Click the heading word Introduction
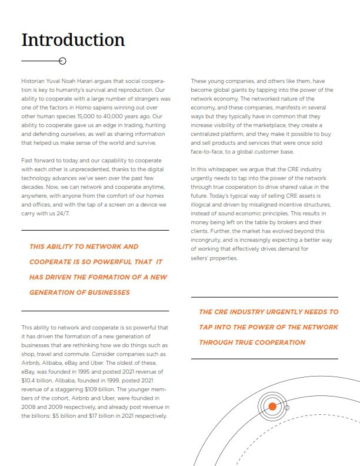click(x=73, y=40)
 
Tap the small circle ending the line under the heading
click(x=62, y=61)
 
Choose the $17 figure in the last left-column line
click(x=92, y=415)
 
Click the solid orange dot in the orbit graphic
click(x=272, y=407)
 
